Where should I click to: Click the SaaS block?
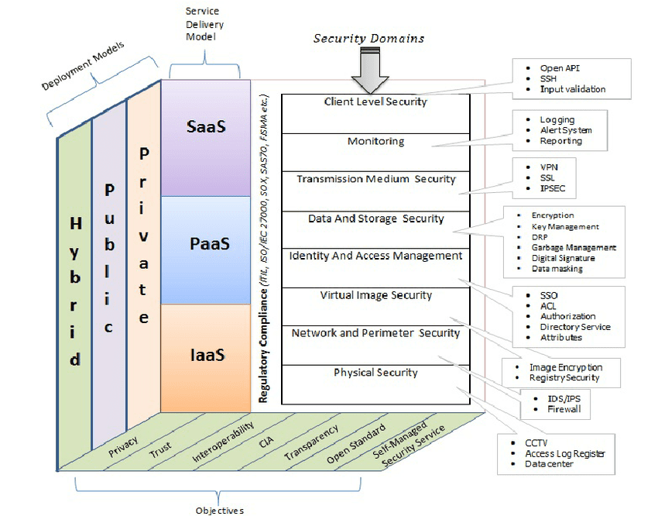pyautogui.click(x=205, y=126)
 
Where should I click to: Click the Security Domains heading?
pyautogui.click(x=368, y=38)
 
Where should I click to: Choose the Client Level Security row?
pyautogui.click(x=375, y=101)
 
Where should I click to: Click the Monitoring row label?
pyautogui.click(x=375, y=142)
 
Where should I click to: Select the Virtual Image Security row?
pyautogui.click(x=375, y=295)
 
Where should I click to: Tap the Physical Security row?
pyautogui.click(x=375, y=373)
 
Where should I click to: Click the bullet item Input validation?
pyautogui.click(x=572, y=89)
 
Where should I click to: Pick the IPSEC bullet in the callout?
pyautogui.click(x=554, y=188)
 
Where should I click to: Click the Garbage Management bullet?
pyautogui.click(x=574, y=248)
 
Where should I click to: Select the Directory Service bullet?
pyautogui.click(x=574, y=327)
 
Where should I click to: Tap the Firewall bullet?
pyautogui.click(x=564, y=409)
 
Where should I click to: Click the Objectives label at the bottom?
pyautogui.click(x=219, y=510)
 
